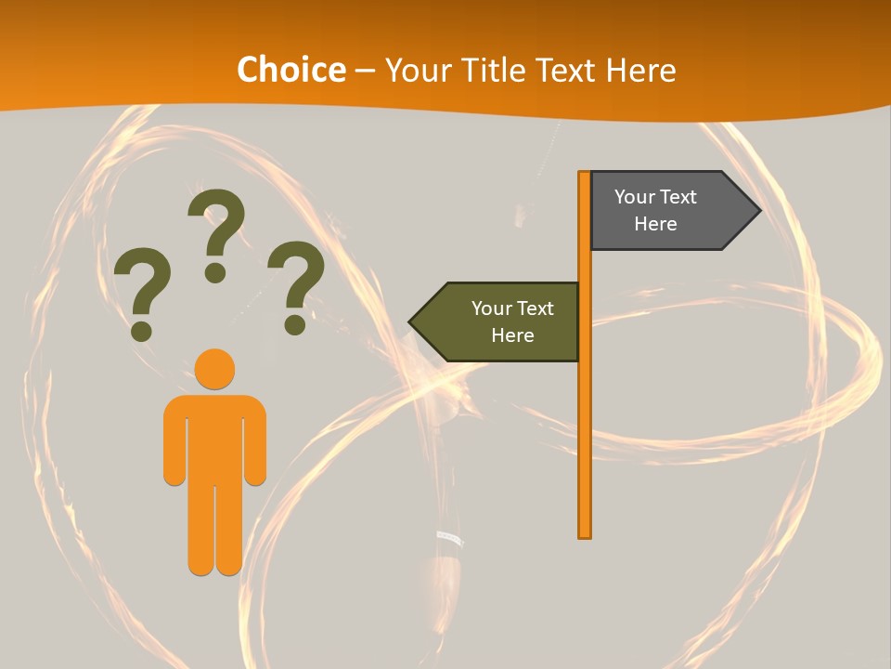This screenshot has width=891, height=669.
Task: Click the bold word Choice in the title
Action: tap(291, 70)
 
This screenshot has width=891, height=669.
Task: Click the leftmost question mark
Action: tap(141, 291)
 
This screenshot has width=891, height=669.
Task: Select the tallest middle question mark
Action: tap(216, 232)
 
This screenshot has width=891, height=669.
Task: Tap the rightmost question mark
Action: tap(296, 284)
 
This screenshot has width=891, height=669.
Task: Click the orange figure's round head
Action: tap(215, 369)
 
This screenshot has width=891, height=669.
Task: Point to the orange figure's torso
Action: tap(215, 437)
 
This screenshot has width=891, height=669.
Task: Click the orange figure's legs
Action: tap(215, 530)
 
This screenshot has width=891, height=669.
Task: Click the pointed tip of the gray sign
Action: tap(757, 210)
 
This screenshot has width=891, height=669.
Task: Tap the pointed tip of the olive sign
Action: tap(412, 321)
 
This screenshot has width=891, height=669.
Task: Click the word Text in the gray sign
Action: tap(678, 197)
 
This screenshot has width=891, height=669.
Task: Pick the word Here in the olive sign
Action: tap(512, 335)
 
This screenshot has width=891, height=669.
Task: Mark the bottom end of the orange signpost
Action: tap(585, 533)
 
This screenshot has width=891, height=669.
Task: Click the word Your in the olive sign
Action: tap(491, 308)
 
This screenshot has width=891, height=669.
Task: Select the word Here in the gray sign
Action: tap(655, 224)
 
